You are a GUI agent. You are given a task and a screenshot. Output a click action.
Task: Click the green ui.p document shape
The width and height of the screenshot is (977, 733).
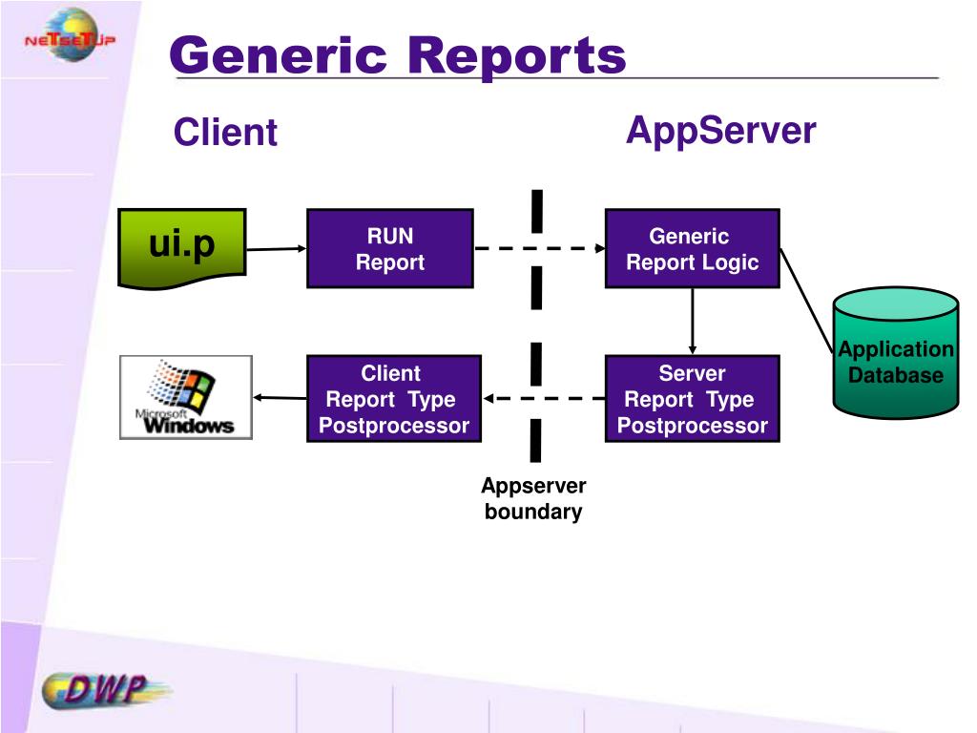pyautogui.click(x=182, y=248)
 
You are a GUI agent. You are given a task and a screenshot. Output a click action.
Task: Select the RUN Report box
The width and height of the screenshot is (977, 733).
pyautogui.click(x=390, y=249)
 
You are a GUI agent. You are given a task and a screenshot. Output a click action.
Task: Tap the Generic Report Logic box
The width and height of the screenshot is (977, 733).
pyautogui.click(x=693, y=249)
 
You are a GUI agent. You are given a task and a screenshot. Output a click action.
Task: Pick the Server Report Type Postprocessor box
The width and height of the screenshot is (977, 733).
pyautogui.click(x=693, y=399)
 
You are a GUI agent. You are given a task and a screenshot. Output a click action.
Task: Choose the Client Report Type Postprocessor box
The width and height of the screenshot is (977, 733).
pyautogui.click(x=394, y=399)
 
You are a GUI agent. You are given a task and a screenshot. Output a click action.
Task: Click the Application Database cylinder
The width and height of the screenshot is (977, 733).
pyautogui.click(x=895, y=353)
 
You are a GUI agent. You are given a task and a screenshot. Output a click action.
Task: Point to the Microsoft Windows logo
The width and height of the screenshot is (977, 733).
pyautogui.click(x=186, y=398)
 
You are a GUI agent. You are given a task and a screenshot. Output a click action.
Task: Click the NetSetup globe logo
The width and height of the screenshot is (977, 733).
pyautogui.click(x=71, y=35)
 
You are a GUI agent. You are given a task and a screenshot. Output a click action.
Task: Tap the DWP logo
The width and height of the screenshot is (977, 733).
pyautogui.click(x=106, y=691)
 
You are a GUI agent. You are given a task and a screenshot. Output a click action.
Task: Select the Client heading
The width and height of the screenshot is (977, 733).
pyautogui.click(x=225, y=132)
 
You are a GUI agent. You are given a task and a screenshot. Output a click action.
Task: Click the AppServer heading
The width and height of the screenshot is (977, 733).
pyautogui.click(x=721, y=131)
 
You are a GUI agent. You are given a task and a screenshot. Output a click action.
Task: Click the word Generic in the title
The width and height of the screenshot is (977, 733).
pyautogui.click(x=278, y=56)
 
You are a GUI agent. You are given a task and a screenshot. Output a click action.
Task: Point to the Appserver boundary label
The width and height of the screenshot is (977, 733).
pyautogui.click(x=533, y=498)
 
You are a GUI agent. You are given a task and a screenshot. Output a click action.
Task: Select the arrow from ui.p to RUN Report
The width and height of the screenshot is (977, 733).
pyautogui.click(x=277, y=249)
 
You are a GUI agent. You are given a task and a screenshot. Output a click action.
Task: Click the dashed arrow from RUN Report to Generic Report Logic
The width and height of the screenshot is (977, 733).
pyautogui.click(x=540, y=249)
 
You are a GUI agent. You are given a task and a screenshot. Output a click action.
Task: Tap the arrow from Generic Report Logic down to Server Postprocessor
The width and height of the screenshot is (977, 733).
pyautogui.click(x=693, y=322)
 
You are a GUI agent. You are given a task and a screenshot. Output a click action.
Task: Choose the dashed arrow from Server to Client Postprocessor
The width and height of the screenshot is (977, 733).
pyautogui.click(x=544, y=398)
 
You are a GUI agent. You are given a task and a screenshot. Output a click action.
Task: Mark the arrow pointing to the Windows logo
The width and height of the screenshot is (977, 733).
pyautogui.click(x=280, y=398)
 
